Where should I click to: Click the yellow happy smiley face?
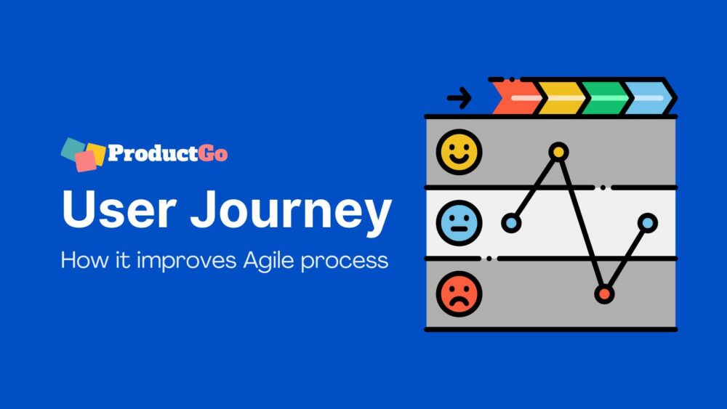click(459, 153)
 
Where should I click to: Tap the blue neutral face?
click(459, 223)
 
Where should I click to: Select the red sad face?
click(459, 293)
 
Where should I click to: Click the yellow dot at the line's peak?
click(558, 152)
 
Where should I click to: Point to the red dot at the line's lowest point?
click(603, 293)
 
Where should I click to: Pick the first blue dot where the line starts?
click(511, 223)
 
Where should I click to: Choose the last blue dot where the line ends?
click(647, 223)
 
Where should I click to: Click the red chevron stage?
click(515, 97)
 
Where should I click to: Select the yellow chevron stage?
click(561, 97)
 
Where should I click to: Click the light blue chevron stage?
click(649, 97)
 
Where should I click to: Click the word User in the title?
click(116, 210)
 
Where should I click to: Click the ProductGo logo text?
click(167, 153)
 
